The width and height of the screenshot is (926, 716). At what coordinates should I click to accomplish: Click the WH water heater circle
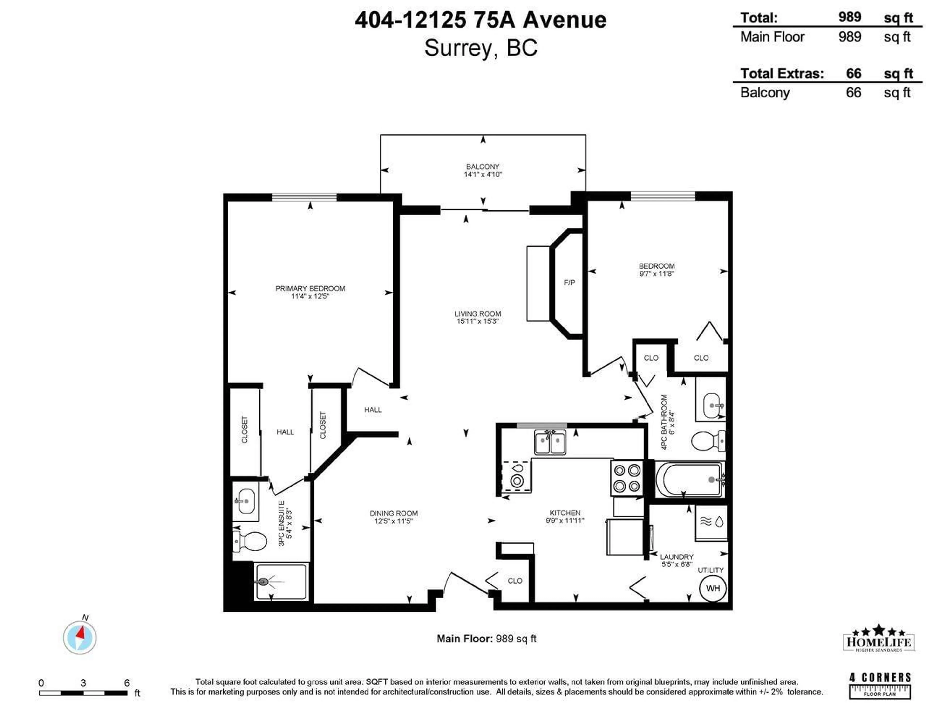[713, 588]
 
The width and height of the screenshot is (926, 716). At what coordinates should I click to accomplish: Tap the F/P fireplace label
[569, 283]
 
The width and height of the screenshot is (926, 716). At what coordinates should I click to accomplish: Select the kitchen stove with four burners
[627, 478]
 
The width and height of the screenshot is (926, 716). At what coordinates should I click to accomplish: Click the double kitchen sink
[550, 443]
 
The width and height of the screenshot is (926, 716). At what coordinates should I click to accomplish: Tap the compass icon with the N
[80, 638]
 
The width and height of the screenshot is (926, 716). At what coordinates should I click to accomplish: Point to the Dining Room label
[394, 513]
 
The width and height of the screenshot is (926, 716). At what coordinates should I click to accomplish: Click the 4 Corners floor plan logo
[880, 685]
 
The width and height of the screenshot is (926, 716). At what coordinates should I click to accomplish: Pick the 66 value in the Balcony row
[853, 92]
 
